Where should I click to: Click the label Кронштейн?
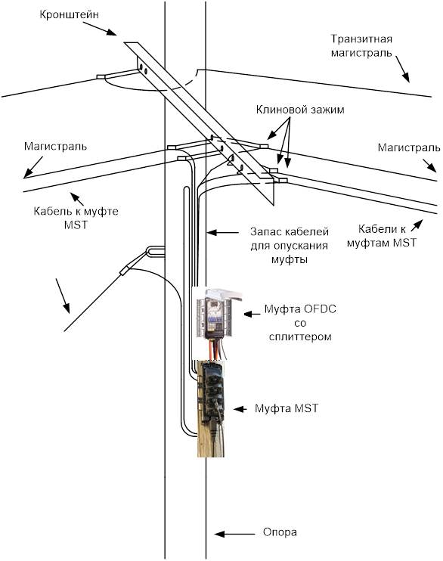(69, 15)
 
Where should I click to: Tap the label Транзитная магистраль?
(361, 46)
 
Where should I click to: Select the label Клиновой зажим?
(300, 110)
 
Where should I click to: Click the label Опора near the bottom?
(280, 532)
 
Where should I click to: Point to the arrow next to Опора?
(235, 534)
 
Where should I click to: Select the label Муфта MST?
(287, 408)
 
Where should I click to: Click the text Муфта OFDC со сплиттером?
(300, 323)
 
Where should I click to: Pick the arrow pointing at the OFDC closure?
(252, 314)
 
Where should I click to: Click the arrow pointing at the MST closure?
(240, 409)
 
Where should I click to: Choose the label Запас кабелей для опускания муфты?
(289, 246)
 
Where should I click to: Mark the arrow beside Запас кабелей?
(223, 233)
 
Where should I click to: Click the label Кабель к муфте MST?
(76, 218)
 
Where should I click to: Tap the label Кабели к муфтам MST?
(382, 236)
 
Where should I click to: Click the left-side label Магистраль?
(55, 147)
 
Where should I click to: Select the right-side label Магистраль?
(409, 147)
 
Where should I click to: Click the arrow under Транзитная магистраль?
(403, 70)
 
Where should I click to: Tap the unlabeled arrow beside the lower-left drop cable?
(63, 296)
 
